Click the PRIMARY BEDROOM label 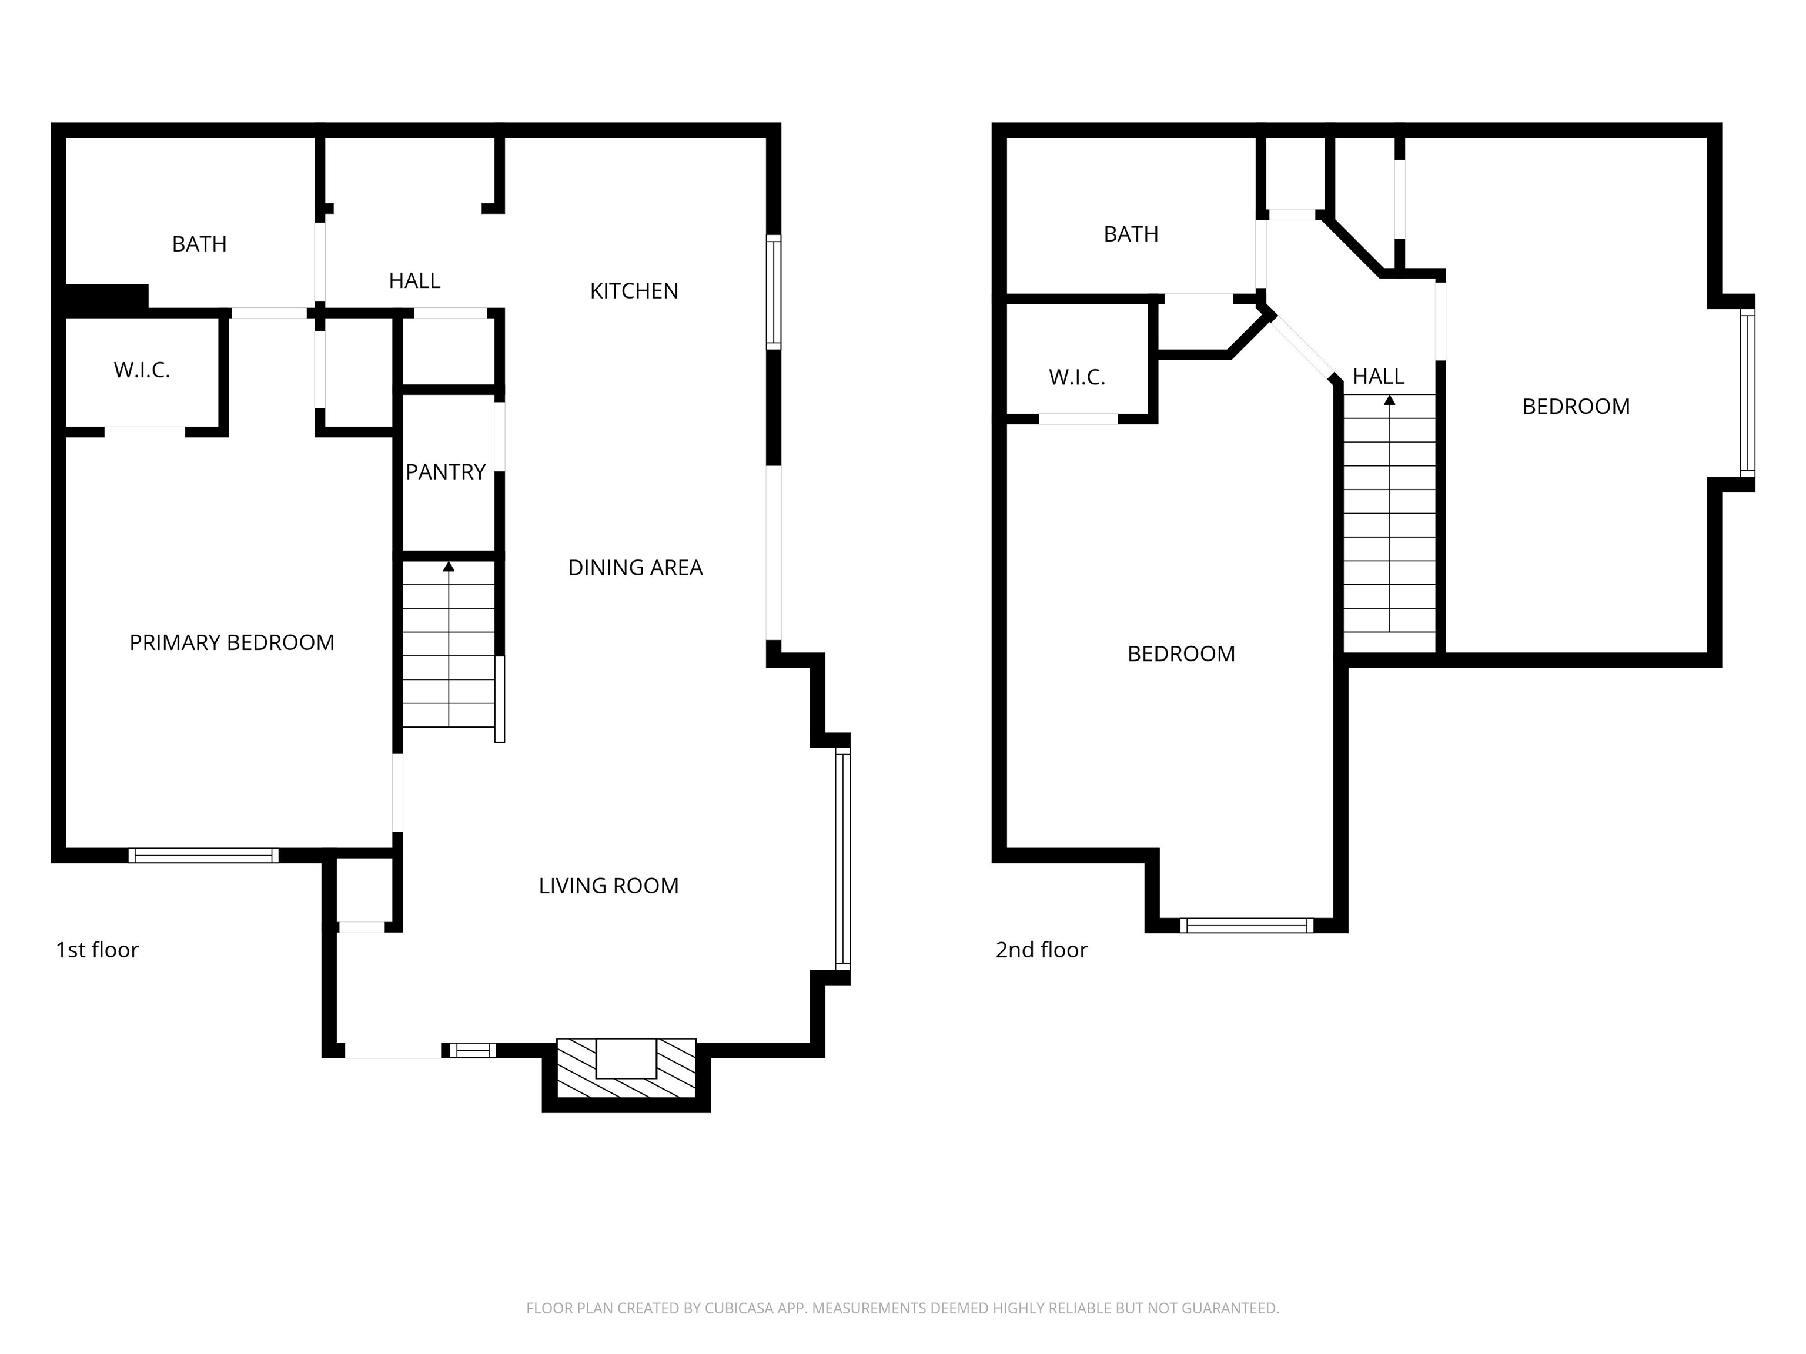tap(232, 643)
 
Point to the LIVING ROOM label tap(608, 886)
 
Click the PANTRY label tap(446, 472)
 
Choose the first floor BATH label tap(199, 244)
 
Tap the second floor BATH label tap(1131, 234)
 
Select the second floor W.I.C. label tap(1077, 377)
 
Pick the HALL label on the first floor tap(415, 281)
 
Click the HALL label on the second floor tap(1379, 376)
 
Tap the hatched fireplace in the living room tap(626, 1068)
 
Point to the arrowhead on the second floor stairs tap(1390, 400)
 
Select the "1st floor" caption tap(97, 950)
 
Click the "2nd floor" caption tap(1042, 950)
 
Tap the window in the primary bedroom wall tap(203, 855)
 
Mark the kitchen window tap(773, 292)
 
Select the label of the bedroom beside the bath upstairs tap(1182, 653)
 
